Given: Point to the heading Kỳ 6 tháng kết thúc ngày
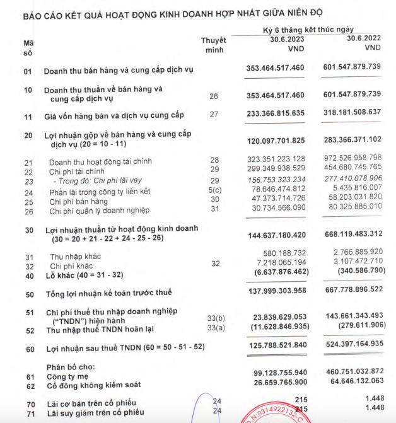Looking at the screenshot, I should pyautogui.click(x=308, y=29).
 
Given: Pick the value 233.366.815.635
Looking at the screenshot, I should pyautogui.click(x=284, y=114).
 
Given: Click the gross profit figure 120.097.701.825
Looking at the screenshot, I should pyautogui.click(x=284, y=139).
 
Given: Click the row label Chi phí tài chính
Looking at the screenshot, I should pyautogui.click(x=78, y=171).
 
